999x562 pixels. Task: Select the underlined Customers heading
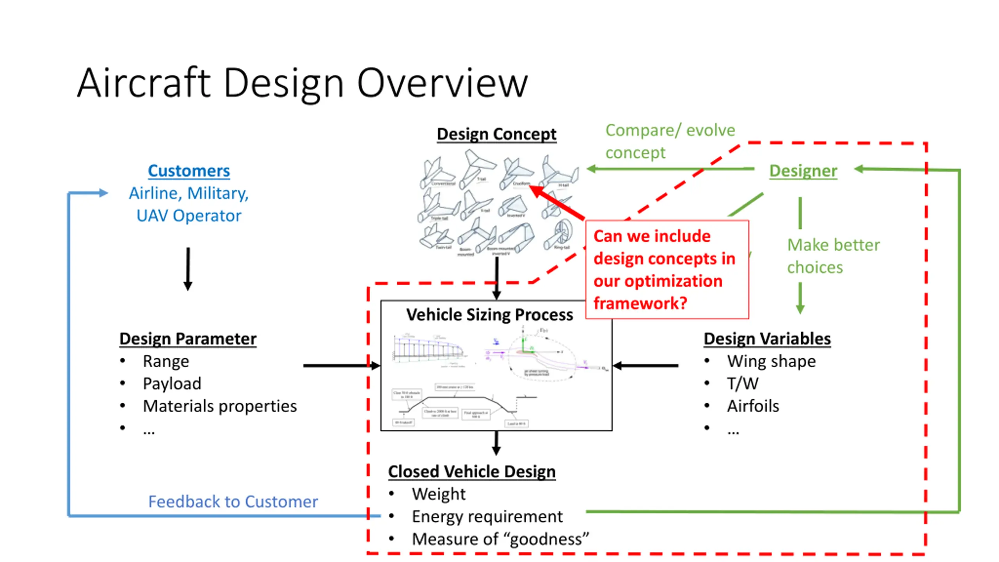(189, 171)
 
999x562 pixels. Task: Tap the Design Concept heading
(496, 134)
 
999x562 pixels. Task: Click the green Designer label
(803, 171)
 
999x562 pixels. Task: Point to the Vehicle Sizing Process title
(489, 315)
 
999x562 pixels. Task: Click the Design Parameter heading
(188, 339)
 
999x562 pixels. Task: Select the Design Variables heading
(767, 339)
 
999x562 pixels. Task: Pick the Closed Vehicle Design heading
(472, 471)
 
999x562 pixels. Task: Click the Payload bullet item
(172, 384)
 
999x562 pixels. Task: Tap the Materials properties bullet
(220, 406)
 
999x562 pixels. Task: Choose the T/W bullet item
(743, 384)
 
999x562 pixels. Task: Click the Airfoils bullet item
(753, 406)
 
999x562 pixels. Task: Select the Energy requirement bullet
(487, 517)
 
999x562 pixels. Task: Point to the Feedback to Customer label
(233, 502)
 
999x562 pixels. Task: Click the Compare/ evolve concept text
(670, 141)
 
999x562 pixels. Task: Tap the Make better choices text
(833, 256)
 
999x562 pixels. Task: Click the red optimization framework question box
(667, 270)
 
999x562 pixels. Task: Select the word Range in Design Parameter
(166, 361)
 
